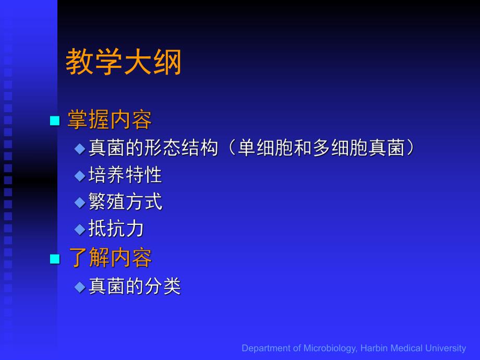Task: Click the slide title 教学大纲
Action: click(x=123, y=63)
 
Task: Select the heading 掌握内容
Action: click(x=110, y=121)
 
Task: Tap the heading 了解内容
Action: click(x=110, y=258)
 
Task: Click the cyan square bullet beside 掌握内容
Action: click(x=54, y=121)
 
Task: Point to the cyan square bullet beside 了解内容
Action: click(x=54, y=259)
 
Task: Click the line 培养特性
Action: click(x=125, y=175)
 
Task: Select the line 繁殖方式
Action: click(x=125, y=202)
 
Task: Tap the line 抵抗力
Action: click(x=116, y=229)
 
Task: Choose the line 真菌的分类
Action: click(x=135, y=286)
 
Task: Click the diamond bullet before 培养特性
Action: click(x=79, y=176)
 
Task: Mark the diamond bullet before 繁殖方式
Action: click(x=79, y=202)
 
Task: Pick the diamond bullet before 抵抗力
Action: click(x=79, y=229)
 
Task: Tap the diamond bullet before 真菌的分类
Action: click(x=79, y=287)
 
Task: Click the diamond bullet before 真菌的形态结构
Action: click(x=79, y=149)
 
